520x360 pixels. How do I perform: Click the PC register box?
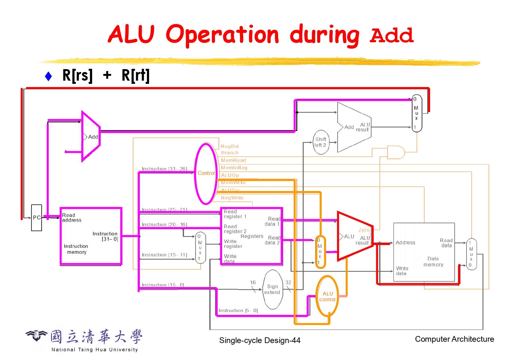click(36, 218)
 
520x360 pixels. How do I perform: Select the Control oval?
click(206, 173)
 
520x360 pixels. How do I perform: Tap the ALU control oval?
click(327, 297)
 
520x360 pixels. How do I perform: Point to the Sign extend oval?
click(273, 289)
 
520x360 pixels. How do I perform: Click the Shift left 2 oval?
click(321, 142)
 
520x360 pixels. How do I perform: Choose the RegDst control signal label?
click(229, 146)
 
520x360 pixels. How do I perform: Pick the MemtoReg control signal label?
click(234, 168)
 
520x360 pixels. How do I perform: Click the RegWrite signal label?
click(232, 198)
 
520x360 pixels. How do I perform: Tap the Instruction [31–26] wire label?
click(164, 169)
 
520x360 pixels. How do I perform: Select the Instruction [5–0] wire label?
click(238, 310)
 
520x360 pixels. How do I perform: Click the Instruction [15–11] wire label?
click(164, 255)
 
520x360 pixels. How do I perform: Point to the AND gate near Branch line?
click(396, 152)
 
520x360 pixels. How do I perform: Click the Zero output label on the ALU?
click(364, 230)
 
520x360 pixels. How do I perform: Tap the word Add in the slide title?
click(391, 35)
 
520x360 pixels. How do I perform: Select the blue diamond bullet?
click(48, 76)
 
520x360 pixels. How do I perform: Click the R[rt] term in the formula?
click(135, 76)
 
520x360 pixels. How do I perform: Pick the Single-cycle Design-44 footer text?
click(260, 340)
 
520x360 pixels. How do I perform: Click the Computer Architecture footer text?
click(454, 339)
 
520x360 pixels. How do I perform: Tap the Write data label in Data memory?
click(402, 271)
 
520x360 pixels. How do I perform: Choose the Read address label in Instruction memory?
click(72, 218)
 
